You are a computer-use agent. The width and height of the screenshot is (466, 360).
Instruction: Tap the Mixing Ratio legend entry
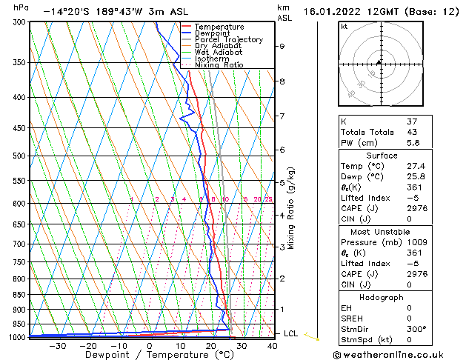click(x=219, y=65)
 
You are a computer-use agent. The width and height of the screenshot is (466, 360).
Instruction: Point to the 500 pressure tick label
click(x=19, y=156)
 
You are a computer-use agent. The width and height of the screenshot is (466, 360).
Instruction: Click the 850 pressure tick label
click(x=19, y=295)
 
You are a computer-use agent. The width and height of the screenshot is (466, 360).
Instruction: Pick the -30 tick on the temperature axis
click(x=56, y=345)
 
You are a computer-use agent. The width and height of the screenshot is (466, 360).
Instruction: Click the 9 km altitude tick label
click(x=282, y=46)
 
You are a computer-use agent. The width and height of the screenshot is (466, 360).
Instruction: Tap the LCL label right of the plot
click(x=291, y=334)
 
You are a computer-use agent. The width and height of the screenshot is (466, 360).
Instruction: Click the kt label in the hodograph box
click(x=344, y=26)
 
